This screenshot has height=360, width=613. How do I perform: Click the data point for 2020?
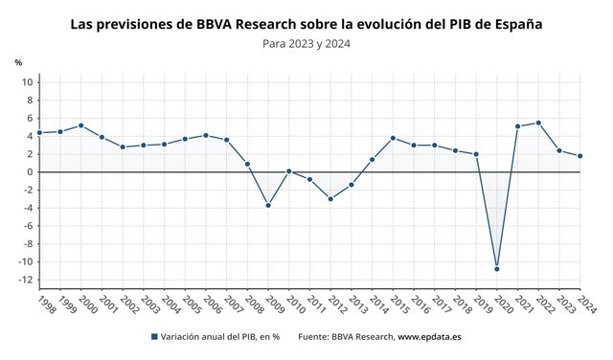coord(497,268)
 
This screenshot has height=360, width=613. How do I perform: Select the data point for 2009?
coord(267,205)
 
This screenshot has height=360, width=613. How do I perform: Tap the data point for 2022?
coord(538,123)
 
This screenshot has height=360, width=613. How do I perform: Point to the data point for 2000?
coord(80,125)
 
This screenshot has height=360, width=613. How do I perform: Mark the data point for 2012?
coord(330,199)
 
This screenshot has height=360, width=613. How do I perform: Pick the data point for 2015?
coord(393,138)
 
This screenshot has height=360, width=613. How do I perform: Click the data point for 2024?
coord(580,156)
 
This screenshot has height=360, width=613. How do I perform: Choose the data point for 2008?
coord(247,164)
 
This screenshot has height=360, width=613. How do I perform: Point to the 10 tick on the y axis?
coord(28,82)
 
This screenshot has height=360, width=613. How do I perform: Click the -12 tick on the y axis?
coord(26,280)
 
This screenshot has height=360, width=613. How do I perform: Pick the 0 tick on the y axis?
coord(30,172)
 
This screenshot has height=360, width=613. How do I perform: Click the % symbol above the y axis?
coord(18,62)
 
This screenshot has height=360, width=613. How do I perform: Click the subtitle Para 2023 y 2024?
coord(306,44)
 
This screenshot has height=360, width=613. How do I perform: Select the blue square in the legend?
coord(154,337)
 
